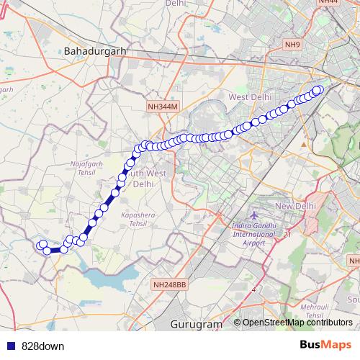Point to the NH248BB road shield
click(170, 285)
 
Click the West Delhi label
click(248, 97)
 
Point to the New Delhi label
click(296, 207)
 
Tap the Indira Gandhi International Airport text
click(253, 235)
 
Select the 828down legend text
click(43, 346)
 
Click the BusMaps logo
click(325, 346)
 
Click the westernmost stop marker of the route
click(42, 245)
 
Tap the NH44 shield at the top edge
click(328, 2)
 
